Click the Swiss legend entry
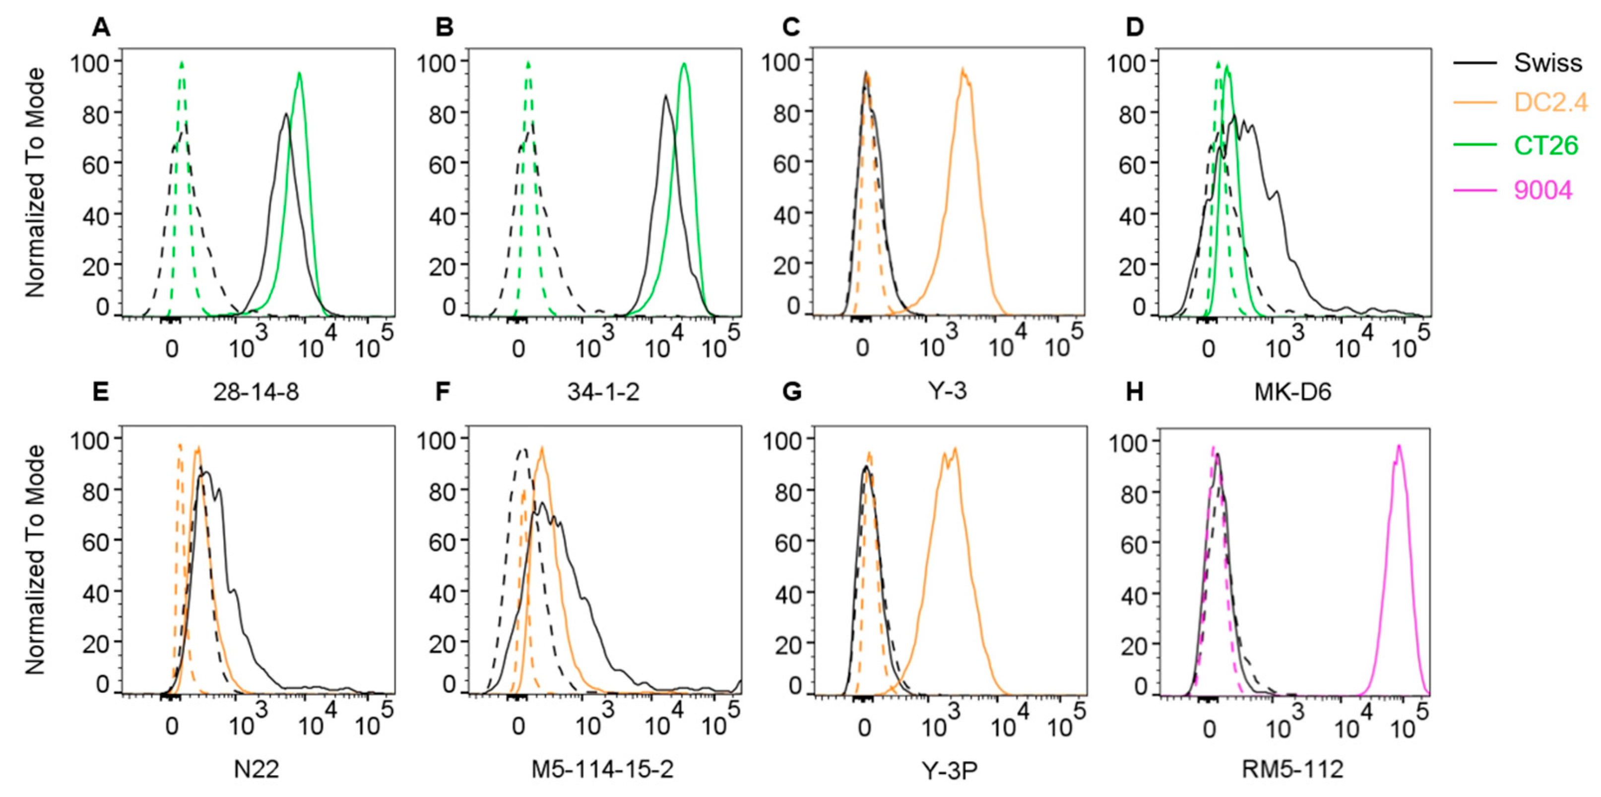coord(1547,63)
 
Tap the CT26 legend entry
coord(1545,145)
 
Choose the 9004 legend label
coord(1542,190)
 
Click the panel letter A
coord(101,27)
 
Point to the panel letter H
coord(1134,393)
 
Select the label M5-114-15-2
coord(602,770)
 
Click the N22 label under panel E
coord(256,770)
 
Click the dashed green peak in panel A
coord(182,64)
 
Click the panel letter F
coord(443,393)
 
